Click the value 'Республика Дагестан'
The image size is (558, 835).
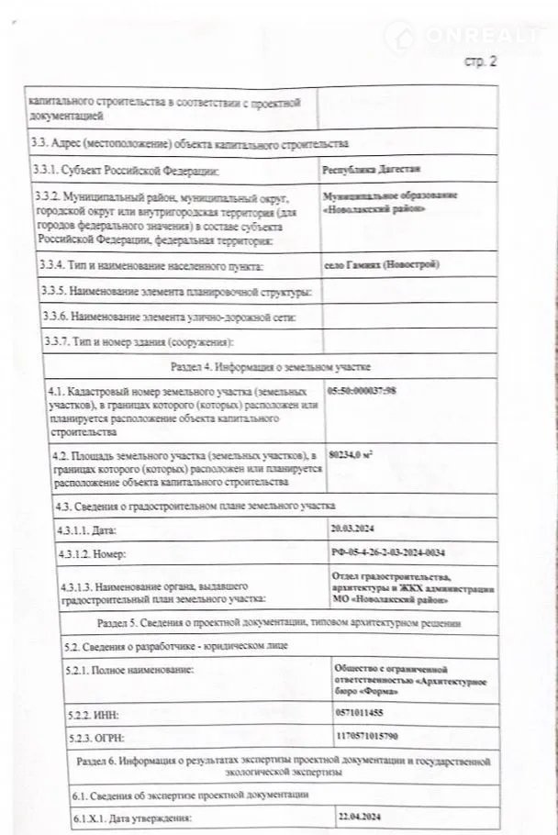tap(365, 170)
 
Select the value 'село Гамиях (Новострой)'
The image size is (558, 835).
tap(382, 265)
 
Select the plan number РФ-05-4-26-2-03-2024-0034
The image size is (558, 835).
tap(393, 554)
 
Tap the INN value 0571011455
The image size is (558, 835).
tap(362, 710)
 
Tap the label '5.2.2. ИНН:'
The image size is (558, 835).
tap(94, 712)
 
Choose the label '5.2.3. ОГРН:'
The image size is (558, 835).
tap(97, 737)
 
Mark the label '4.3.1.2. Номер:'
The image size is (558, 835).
tap(92, 555)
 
